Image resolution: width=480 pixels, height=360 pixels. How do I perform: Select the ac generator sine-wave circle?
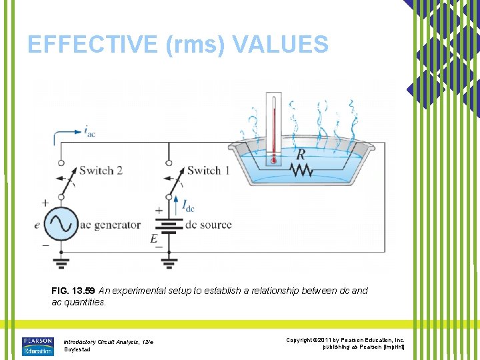61,224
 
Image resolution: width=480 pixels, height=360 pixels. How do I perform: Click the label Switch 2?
101,171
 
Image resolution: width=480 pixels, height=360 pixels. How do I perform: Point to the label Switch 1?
208,171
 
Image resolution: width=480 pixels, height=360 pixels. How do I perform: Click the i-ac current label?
89,132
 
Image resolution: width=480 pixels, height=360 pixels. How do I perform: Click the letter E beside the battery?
154,238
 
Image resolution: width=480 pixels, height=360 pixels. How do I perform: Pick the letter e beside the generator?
37,225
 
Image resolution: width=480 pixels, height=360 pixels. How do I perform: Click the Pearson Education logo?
37,345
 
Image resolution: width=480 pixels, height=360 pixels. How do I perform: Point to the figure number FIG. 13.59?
73,291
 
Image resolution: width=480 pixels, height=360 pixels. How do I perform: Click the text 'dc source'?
207,225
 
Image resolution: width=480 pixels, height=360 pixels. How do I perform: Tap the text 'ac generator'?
110,225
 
